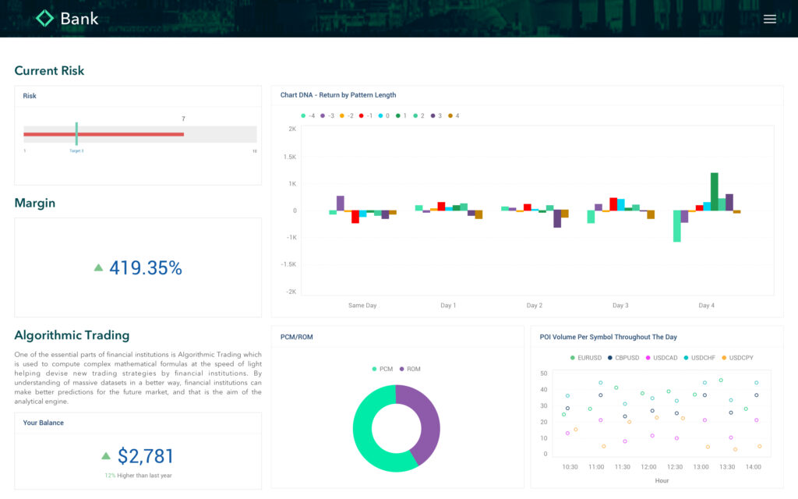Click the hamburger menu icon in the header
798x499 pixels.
pos(770,19)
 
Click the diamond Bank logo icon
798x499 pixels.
pos(45,18)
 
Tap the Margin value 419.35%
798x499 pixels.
pos(145,268)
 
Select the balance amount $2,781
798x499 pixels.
pos(145,456)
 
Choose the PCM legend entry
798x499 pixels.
pos(383,369)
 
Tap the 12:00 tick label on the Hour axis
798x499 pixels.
pos(648,467)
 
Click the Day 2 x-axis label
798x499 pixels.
pos(534,306)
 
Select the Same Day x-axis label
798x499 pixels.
pos(362,306)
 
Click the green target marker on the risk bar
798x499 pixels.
pos(76,133)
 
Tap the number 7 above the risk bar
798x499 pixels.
pos(183,119)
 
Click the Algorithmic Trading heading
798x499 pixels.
pos(72,335)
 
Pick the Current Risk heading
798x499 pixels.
pos(49,71)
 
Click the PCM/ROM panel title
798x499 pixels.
pos(297,337)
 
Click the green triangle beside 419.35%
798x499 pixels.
pos(98,267)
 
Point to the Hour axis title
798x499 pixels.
pos(662,480)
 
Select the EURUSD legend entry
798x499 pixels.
pos(585,358)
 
